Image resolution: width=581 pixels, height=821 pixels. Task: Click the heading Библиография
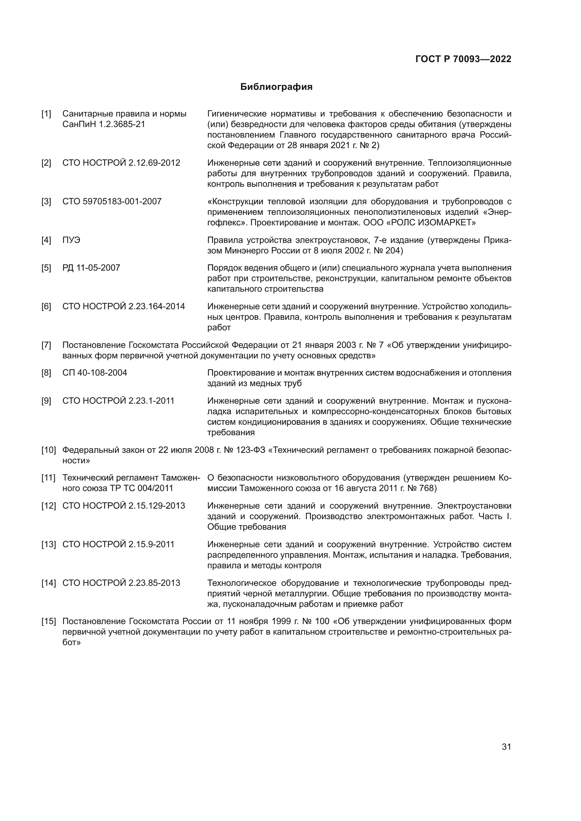click(x=276, y=87)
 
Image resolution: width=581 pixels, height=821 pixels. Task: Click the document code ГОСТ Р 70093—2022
click(x=463, y=59)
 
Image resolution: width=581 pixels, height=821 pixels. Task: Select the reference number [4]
click(x=46, y=240)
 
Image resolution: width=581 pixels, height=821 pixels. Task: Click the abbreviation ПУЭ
click(x=71, y=240)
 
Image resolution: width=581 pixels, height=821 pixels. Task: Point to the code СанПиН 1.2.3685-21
click(x=104, y=125)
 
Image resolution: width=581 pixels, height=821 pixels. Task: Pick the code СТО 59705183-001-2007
click(x=112, y=201)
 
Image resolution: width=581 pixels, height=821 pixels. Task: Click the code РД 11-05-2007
click(x=91, y=268)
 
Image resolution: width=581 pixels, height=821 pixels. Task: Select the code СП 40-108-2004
click(x=95, y=373)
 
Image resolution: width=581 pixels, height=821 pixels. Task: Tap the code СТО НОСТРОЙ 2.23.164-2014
click(x=123, y=306)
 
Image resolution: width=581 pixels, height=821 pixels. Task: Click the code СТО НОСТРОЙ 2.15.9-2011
click(x=118, y=545)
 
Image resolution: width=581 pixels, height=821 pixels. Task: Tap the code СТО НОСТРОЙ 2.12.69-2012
click(x=121, y=163)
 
